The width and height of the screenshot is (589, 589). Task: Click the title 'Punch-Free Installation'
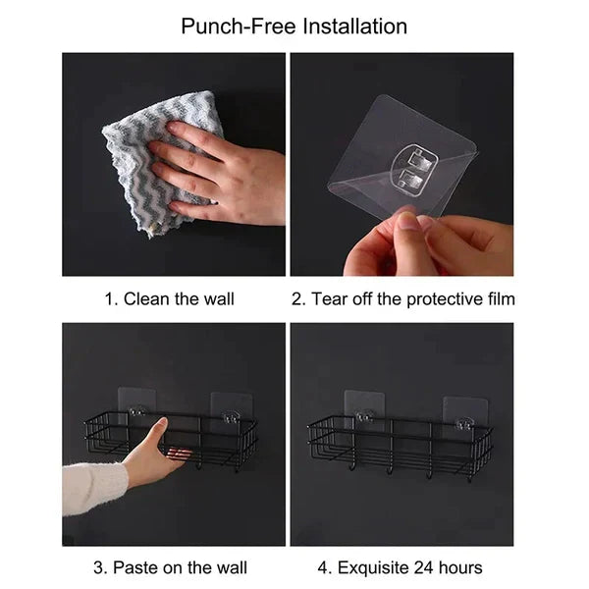(x=294, y=26)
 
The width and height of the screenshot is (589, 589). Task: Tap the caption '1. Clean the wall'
(x=170, y=298)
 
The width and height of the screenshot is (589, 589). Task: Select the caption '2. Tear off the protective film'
(x=402, y=298)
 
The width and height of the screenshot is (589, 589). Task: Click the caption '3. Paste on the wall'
(x=170, y=567)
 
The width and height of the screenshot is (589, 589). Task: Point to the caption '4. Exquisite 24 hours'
(x=402, y=567)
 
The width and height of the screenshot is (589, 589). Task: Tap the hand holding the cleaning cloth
(x=216, y=167)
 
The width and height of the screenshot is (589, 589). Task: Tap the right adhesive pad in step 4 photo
(x=464, y=412)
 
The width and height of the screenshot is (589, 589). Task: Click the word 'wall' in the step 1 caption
(x=218, y=298)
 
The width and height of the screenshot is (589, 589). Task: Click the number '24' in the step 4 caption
(x=428, y=567)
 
